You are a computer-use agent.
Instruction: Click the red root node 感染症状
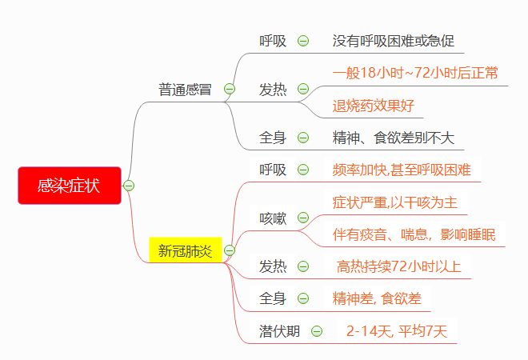pyautogui.click(x=69, y=186)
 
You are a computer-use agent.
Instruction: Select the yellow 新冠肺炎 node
pyautogui.click(x=185, y=250)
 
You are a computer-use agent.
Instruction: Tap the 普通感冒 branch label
pyautogui.click(x=185, y=89)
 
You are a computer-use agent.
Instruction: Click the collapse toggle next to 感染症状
pyautogui.click(x=129, y=186)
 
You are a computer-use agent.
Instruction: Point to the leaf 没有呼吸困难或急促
pyautogui.click(x=393, y=41)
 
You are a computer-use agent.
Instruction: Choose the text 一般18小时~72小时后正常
pyautogui.click(x=415, y=74)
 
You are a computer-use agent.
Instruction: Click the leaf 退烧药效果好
pyautogui.click(x=374, y=106)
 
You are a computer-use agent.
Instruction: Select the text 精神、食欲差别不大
pyautogui.click(x=393, y=138)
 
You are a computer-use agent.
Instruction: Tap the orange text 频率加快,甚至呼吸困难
pyautogui.click(x=402, y=170)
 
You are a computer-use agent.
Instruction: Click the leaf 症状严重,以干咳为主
pyautogui.click(x=394, y=202)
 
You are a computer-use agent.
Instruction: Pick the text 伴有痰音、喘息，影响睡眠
pyautogui.click(x=414, y=234)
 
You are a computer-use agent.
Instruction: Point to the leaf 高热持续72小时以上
pyautogui.click(x=399, y=266)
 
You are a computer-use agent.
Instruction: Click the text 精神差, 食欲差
pyautogui.click(x=377, y=298)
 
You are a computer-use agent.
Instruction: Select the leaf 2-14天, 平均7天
pyautogui.click(x=396, y=330)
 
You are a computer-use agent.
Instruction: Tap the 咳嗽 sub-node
pyautogui.click(x=273, y=218)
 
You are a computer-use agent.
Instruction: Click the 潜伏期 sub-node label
pyautogui.click(x=279, y=330)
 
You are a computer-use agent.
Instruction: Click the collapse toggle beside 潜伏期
pyautogui.click(x=317, y=330)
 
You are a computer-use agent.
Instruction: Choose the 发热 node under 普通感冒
pyautogui.click(x=273, y=89)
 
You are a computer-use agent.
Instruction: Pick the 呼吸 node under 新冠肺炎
pyautogui.click(x=273, y=170)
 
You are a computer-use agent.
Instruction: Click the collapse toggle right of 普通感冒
pyautogui.click(x=230, y=89)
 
